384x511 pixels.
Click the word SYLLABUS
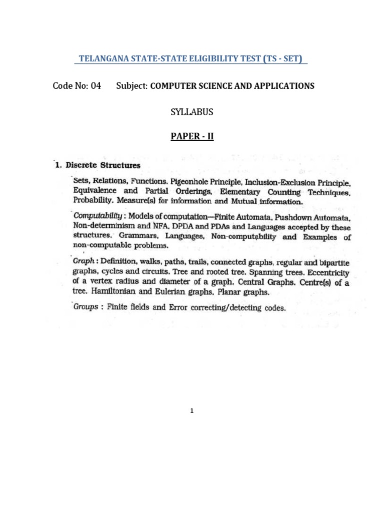pos(192,112)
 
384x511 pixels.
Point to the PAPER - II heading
pos(192,135)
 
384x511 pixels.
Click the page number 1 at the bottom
pos(192,411)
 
